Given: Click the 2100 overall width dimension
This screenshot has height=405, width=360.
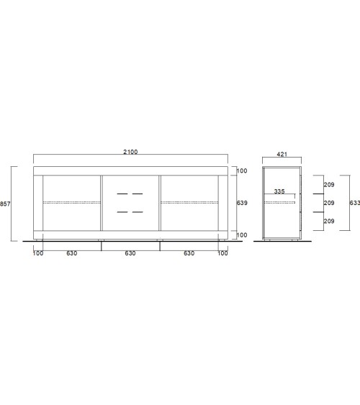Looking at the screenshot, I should click(130, 152).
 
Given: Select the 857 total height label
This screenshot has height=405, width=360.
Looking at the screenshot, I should click(5, 204).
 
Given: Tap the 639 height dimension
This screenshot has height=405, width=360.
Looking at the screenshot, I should click(242, 204).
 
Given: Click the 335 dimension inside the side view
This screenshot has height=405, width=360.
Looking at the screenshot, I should click(280, 193).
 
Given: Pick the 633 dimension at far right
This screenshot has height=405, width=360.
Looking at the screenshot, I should click(354, 204).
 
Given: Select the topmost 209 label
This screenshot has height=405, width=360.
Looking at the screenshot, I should click(328, 186).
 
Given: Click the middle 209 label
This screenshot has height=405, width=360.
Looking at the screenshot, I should click(328, 204).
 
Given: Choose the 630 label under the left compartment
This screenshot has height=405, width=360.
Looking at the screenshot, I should click(72, 253).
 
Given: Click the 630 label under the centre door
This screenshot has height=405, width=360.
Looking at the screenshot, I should click(130, 253).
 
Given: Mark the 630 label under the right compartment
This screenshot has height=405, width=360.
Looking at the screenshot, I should click(189, 253).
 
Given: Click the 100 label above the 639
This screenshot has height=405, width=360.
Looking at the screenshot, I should click(242, 171).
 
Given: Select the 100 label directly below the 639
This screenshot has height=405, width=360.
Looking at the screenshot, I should click(242, 235).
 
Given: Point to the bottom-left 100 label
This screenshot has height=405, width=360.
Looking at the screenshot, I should click(38, 253).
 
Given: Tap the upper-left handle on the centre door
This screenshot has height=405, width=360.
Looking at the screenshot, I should click(120, 194).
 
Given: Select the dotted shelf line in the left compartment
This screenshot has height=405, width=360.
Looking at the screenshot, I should click(72, 203).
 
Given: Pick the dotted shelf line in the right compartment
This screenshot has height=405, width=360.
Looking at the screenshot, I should click(189, 203).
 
